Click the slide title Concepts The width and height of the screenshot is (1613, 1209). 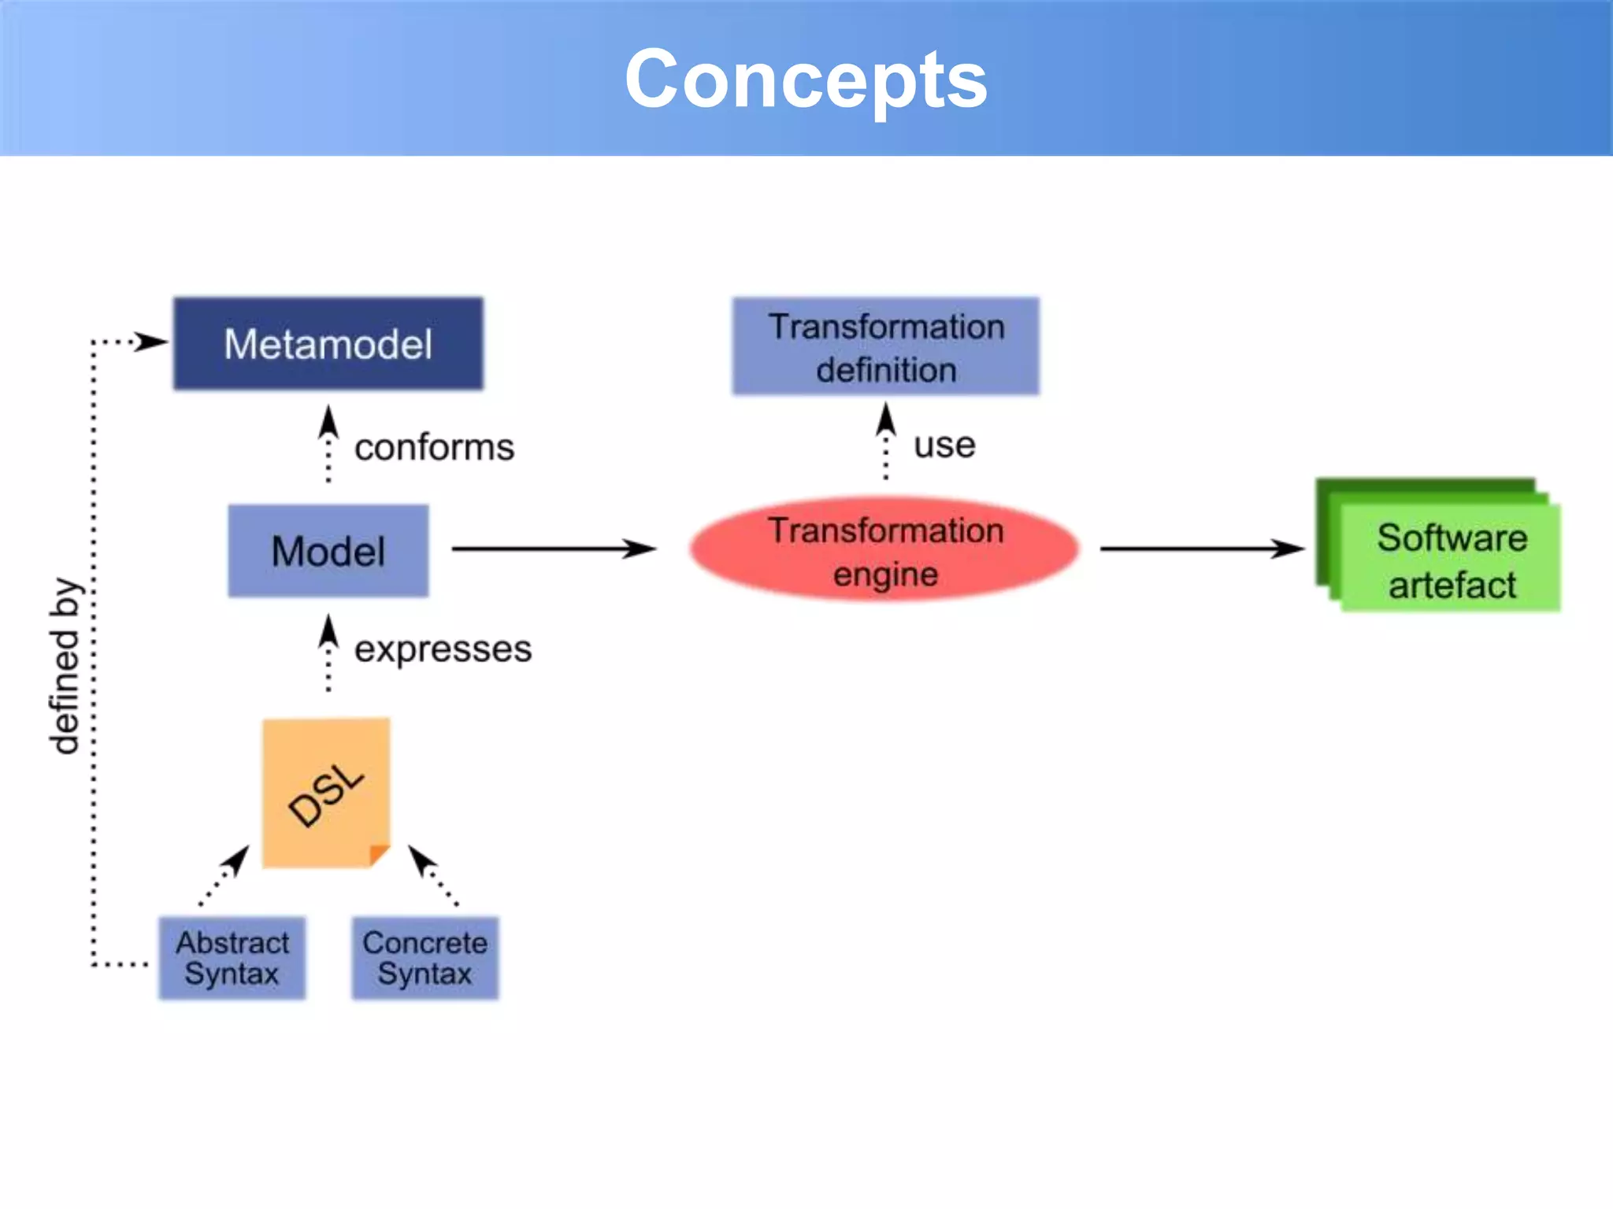tap(805, 79)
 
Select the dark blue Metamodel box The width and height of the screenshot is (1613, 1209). tap(328, 344)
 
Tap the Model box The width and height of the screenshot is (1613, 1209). tap(328, 551)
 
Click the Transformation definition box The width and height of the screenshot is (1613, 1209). tap(885, 346)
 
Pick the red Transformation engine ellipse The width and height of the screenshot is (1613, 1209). tap(884, 550)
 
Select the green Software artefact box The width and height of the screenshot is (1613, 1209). tap(1449, 560)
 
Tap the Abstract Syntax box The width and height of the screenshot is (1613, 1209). tap(232, 958)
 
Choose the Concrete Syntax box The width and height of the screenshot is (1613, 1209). tap(425, 958)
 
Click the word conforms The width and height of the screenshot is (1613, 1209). tap(434, 447)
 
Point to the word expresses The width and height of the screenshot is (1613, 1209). tap(443, 649)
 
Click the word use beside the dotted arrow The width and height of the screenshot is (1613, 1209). tap(944, 446)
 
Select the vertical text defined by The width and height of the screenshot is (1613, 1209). tap(65, 667)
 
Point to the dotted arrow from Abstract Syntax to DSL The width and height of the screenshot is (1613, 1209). tap(225, 874)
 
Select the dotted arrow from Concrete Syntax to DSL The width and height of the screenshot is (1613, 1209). tap(432, 875)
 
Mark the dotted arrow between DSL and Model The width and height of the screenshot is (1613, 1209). tap(328, 653)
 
